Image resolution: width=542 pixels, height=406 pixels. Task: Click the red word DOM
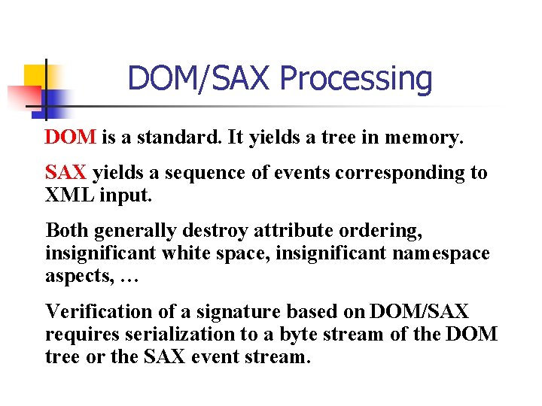70,138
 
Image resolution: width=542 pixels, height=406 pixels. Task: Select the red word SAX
66,173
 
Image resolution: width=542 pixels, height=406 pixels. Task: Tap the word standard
171,138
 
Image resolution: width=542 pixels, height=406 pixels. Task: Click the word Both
67,229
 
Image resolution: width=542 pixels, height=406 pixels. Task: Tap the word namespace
440,253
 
